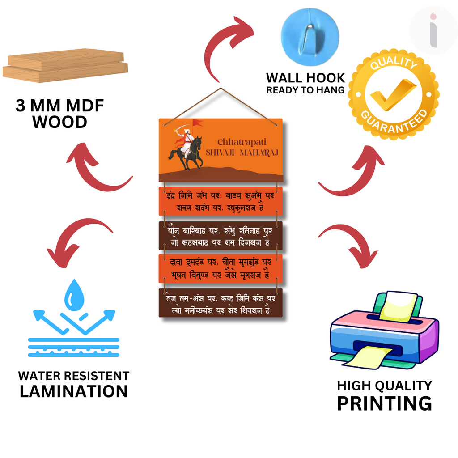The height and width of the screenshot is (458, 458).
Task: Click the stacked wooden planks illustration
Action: click(x=65, y=66)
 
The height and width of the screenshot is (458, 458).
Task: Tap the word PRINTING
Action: click(x=384, y=403)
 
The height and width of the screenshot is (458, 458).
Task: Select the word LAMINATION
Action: click(x=74, y=391)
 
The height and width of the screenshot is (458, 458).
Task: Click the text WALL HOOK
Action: click(x=305, y=78)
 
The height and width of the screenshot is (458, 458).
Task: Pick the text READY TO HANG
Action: click(x=305, y=90)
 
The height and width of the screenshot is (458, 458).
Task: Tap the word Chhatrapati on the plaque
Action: click(x=242, y=142)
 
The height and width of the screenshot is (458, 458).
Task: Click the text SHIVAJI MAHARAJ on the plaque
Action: click(x=242, y=153)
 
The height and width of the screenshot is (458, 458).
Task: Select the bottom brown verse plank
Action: click(x=221, y=303)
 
